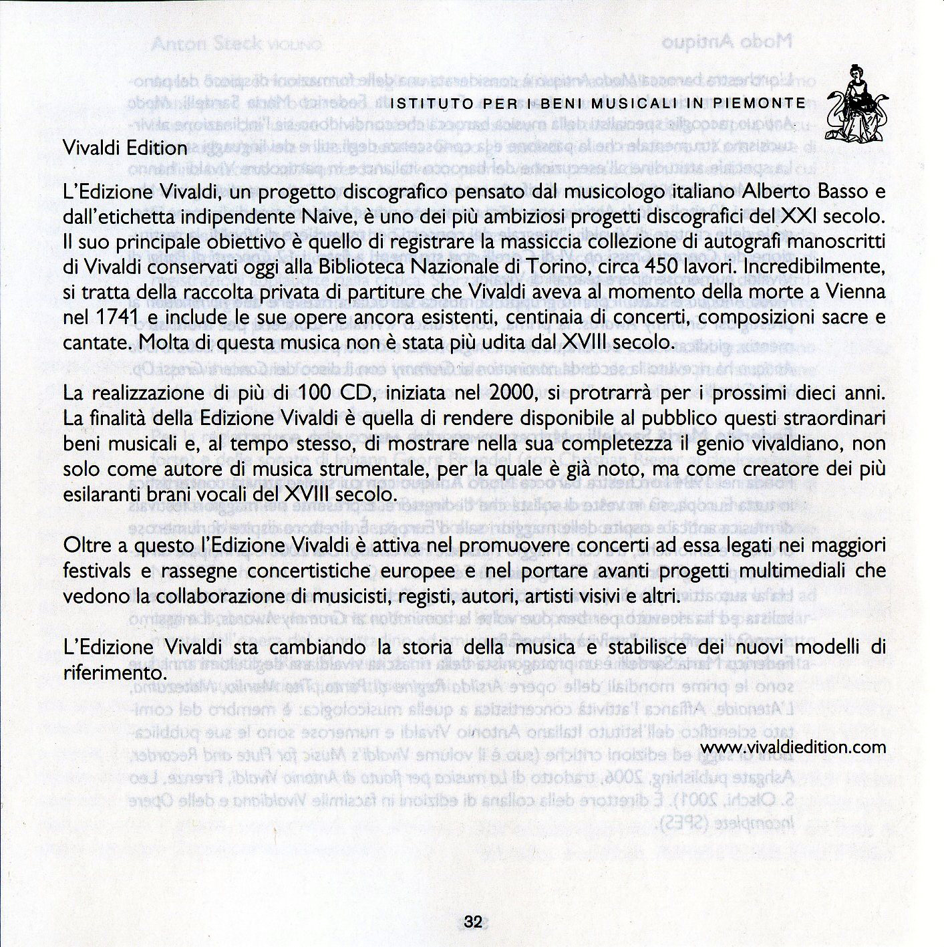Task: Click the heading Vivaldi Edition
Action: (124, 148)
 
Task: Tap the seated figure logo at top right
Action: (856, 104)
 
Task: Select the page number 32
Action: (472, 922)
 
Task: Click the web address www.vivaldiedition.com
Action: (793, 747)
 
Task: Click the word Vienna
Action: (850, 292)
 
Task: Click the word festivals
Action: (96, 571)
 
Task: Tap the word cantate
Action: (96, 342)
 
